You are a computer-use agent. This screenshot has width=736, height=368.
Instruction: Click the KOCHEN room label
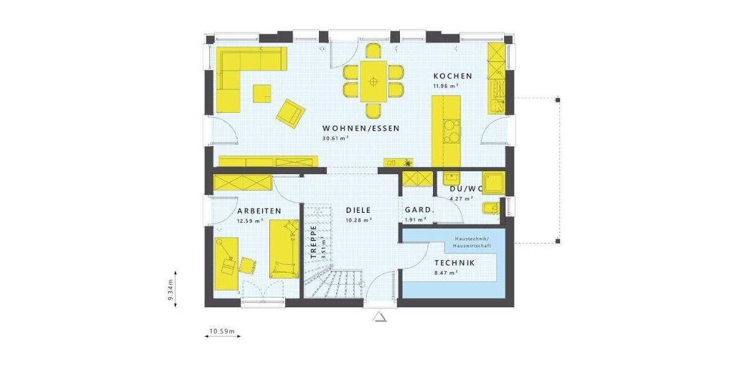(453, 76)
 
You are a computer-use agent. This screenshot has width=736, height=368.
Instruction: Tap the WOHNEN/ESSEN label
(361, 129)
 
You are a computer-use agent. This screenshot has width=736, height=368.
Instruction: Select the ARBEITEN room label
(259, 211)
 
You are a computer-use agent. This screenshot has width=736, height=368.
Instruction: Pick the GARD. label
(419, 210)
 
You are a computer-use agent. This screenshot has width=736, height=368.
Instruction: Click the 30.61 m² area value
(335, 139)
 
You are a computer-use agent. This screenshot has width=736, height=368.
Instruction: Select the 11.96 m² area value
(446, 86)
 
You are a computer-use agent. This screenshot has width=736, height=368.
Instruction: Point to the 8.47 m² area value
(447, 273)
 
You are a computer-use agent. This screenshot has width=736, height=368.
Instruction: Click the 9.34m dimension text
(171, 289)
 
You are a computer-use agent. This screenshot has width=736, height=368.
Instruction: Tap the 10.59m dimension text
(222, 332)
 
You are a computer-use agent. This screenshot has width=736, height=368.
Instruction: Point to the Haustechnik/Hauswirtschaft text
(472, 242)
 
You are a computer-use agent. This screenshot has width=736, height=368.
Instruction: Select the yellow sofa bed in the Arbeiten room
(283, 249)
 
